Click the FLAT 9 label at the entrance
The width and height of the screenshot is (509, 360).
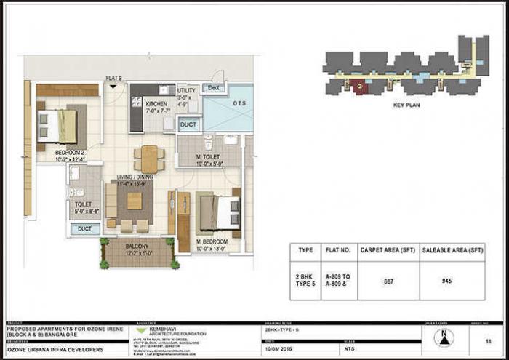click(113, 78)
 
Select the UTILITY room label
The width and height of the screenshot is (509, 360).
click(186, 91)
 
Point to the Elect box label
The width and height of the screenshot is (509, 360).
click(213, 87)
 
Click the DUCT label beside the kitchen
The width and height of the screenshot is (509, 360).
click(188, 125)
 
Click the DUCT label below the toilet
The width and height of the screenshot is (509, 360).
click(85, 228)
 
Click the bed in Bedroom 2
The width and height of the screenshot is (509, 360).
click(57, 125)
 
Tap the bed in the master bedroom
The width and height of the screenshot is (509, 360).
click(219, 212)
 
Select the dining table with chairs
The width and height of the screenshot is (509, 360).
click(148, 158)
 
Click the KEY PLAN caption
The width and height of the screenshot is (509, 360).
click(408, 105)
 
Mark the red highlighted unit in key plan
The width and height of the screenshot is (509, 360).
click(361, 86)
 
